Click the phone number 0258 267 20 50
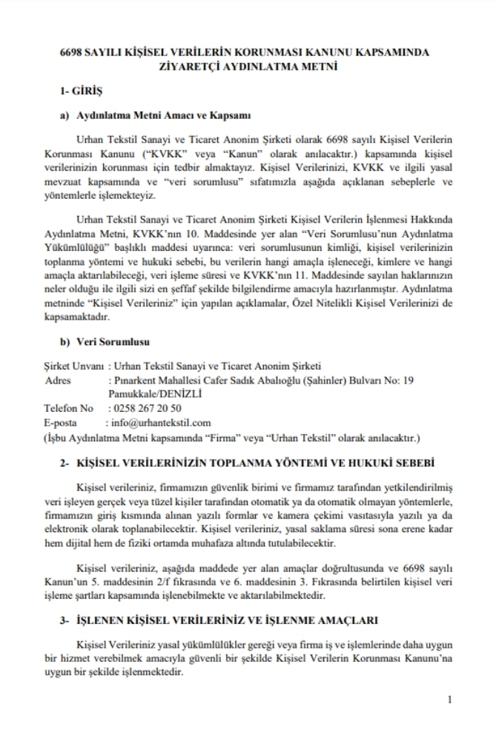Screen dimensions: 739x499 [x=147, y=408]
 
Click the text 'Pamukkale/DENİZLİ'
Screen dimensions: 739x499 [x=151, y=393]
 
